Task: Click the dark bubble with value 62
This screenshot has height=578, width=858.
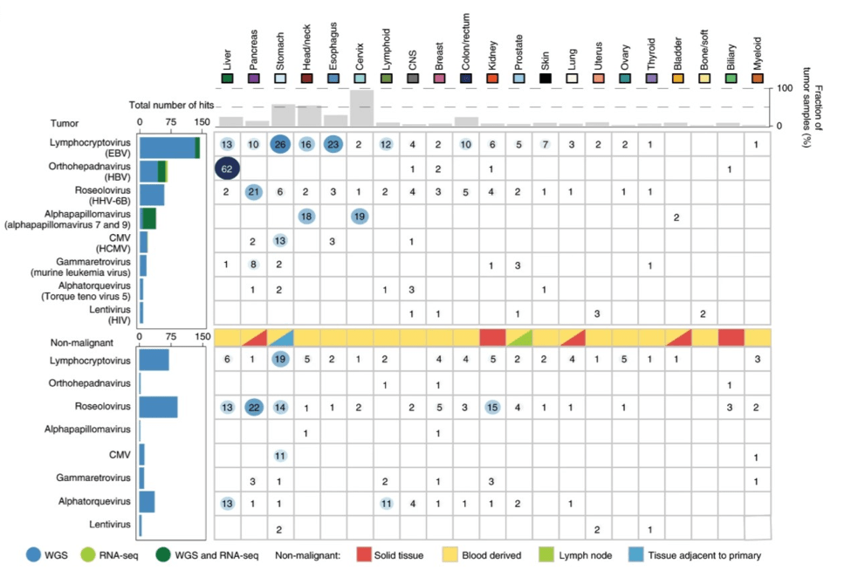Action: coord(228,169)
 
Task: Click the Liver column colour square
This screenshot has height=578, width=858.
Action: coord(228,79)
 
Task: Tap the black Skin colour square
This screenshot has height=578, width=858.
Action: coord(545,79)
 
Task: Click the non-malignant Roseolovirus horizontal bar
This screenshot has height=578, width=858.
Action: coord(158,407)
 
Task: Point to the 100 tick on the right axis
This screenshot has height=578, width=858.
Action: coord(785,89)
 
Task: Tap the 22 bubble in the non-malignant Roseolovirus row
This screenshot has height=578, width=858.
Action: coord(254,407)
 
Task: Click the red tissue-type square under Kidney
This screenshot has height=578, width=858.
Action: coord(492,336)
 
